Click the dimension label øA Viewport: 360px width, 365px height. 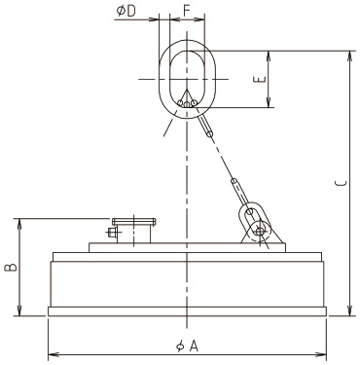(x=187, y=346)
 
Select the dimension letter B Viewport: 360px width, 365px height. (x=11, y=267)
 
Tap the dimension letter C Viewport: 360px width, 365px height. (x=341, y=183)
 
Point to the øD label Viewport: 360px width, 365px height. (x=126, y=11)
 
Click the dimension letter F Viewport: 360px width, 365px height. (x=186, y=11)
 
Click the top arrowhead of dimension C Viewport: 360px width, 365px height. (x=349, y=55)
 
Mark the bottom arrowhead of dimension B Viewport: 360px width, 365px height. (x=20, y=310)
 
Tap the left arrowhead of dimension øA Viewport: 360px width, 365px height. (x=54, y=354)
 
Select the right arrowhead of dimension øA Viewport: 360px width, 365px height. (x=321, y=354)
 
